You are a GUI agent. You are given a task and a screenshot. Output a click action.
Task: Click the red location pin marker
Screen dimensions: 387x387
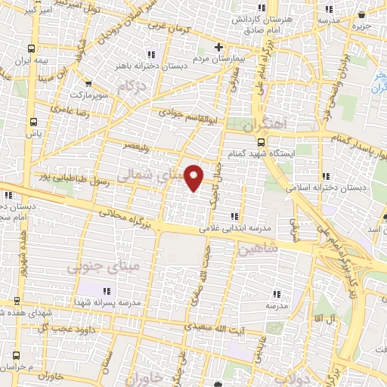point(194,177)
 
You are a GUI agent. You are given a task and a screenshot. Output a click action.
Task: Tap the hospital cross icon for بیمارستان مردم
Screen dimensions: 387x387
point(218,47)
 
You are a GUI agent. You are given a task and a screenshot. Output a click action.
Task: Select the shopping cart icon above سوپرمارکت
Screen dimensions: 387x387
point(89,84)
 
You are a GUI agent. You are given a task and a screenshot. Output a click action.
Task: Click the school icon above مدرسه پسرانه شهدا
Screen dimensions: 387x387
point(105,291)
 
